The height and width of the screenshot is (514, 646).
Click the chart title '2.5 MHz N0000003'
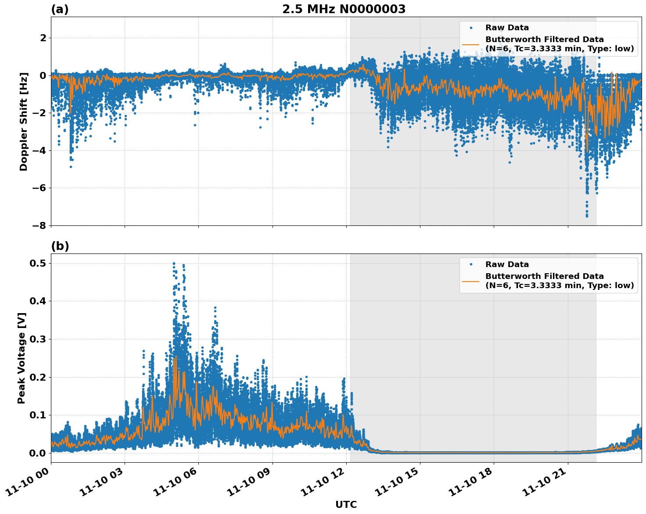[344, 9]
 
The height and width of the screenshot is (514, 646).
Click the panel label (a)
[60, 9]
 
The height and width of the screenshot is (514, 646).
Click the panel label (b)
[60, 246]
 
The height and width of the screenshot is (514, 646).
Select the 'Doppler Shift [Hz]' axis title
[24, 121]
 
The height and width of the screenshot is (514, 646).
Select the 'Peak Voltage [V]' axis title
[22, 358]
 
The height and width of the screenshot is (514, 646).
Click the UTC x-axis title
[346, 504]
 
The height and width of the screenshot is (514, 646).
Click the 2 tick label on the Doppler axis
[43, 38]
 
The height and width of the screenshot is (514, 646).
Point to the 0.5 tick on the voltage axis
[38, 263]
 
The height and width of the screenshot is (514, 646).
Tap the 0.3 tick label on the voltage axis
[38, 339]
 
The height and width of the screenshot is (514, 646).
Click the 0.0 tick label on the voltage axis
[38, 453]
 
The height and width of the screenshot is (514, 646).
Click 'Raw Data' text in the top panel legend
[507, 28]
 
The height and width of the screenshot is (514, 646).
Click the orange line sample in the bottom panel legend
[470, 281]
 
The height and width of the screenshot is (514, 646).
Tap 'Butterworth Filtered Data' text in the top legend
[544, 39]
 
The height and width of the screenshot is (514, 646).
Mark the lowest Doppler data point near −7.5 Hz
[587, 216]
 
